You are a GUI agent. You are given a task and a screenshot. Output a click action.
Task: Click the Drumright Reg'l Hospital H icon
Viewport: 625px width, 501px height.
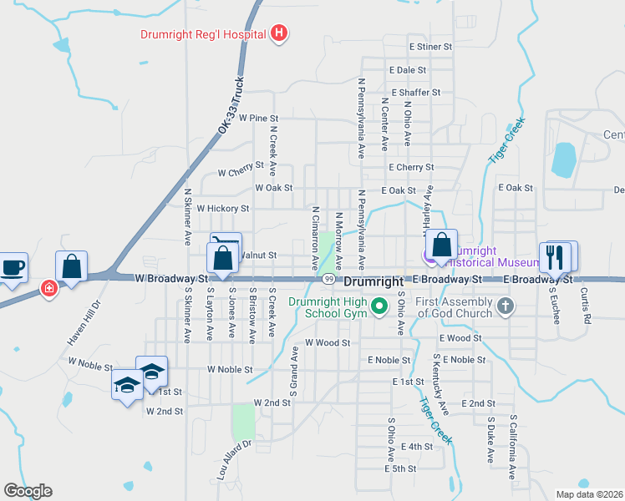tap(280, 34)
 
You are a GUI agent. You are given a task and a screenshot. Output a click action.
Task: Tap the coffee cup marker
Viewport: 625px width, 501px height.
tap(13, 268)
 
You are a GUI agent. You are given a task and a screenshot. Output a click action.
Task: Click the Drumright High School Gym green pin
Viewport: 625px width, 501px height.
tap(379, 306)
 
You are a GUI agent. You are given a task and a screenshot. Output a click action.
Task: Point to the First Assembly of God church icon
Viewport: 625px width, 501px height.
tap(504, 306)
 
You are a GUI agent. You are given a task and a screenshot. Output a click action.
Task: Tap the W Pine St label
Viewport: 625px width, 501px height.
tap(257, 119)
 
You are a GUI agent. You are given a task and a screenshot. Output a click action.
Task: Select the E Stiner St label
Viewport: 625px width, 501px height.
tap(430, 48)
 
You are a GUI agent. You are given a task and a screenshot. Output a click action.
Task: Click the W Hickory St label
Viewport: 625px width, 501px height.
tap(222, 208)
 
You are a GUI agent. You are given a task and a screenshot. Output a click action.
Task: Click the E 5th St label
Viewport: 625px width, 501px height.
tap(400, 469)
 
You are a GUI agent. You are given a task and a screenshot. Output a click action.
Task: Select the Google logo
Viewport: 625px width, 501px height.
tap(28, 491)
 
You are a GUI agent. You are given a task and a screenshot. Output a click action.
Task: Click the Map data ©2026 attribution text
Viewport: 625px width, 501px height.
tap(589, 494)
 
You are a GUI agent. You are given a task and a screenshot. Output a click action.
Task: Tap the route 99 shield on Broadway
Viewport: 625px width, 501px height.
tap(329, 279)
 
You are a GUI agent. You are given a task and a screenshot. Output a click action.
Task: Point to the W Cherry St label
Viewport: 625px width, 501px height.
tap(240, 173)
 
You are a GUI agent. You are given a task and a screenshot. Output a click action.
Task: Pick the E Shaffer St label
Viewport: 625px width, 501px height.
tap(416, 93)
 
